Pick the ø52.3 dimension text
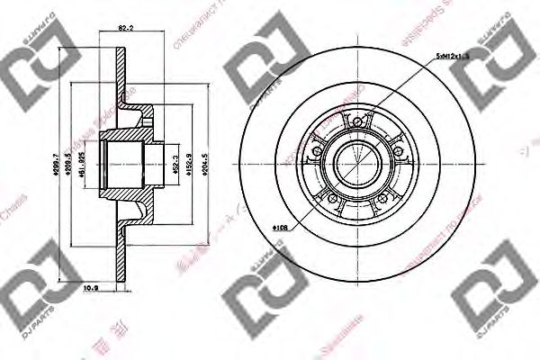[173, 165]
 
